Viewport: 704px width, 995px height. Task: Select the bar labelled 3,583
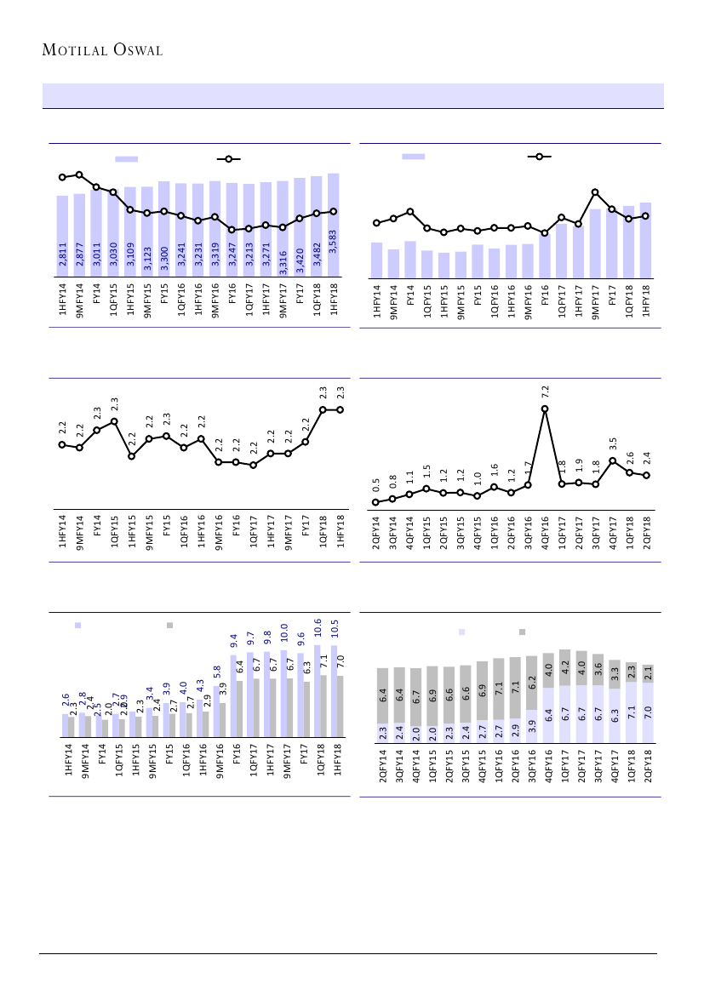pyautogui.click(x=334, y=226)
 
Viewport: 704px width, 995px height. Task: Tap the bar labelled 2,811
pyautogui.click(x=62, y=237)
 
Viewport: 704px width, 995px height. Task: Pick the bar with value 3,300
pyautogui.click(x=164, y=230)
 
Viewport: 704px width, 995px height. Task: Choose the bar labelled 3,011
pyautogui.click(x=96, y=234)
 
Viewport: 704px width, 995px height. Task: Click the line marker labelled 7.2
pyautogui.click(x=545, y=409)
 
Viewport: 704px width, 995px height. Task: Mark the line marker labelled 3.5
pyautogui.click(x=613, y=460)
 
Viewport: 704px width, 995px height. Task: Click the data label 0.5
pyautogui.click(x=376, y=484)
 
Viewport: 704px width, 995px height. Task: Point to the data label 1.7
pyautogui.click(x=529, y=467)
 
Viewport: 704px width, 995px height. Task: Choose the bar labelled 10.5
pyautogui.click(x=335, y=690)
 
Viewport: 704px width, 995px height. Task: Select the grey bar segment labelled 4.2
pyautogui.click(x=564, y=667)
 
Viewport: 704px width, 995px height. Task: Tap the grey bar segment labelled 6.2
pyautogui.click(x=531, y=683)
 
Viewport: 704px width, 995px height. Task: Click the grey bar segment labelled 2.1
pyautogui.click(x=649, y=673)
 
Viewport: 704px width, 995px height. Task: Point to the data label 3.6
pyautogui.click(x=598, y=670)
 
